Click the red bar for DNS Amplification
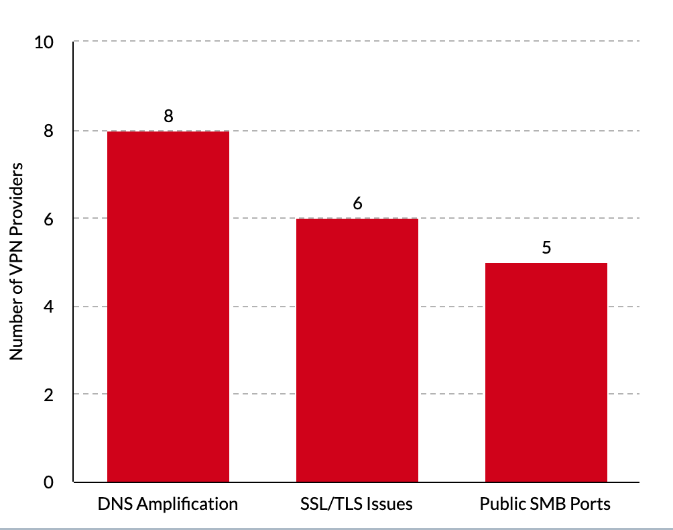pos(168,307)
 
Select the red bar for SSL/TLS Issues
pos(357,350)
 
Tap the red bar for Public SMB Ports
pos(546,372)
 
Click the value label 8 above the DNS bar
pos(168,116)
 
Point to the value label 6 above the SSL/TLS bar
pos(357,203)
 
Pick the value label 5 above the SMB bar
pos(546,248)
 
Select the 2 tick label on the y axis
pos(48,394)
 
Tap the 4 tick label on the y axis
pos(48,307)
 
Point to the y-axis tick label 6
pos(48,219)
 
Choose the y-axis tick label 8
pos(48,131)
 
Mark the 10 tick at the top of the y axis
pos(44,43)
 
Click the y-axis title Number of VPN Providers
pos(17,261)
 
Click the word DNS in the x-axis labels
pos(113,504)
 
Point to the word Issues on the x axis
pos(390,504)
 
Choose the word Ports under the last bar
pos(590,504)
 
